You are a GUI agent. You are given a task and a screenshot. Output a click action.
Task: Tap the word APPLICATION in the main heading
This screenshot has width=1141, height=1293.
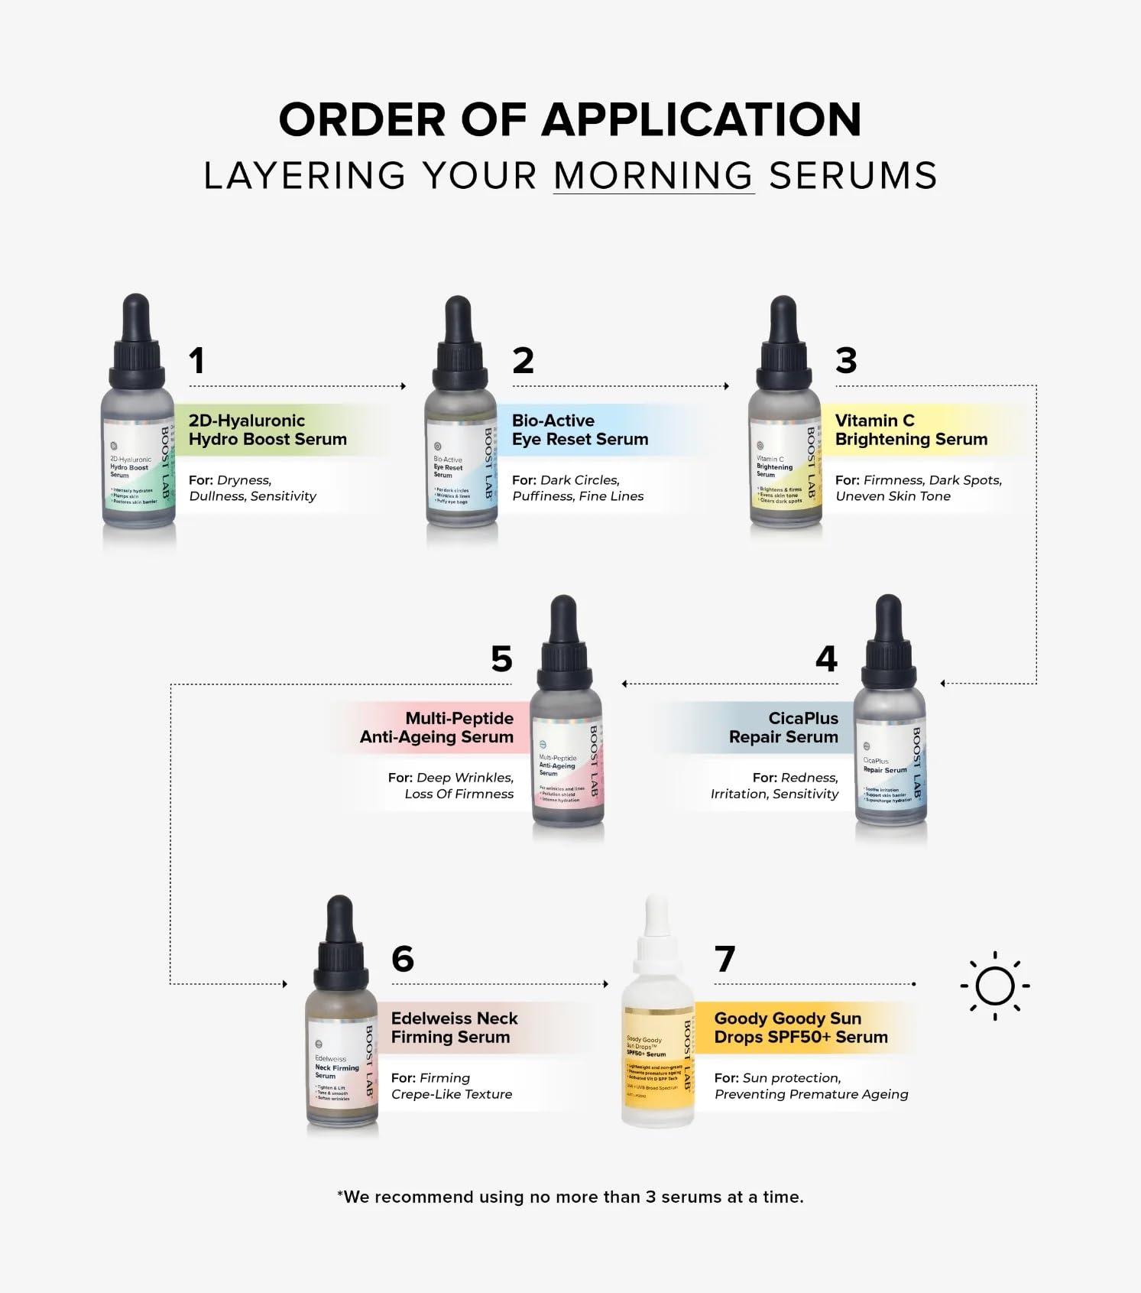point(702,120)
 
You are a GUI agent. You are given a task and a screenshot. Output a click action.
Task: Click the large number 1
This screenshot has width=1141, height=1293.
point(197,361)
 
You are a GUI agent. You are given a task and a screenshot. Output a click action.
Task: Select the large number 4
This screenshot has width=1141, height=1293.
point(826,659)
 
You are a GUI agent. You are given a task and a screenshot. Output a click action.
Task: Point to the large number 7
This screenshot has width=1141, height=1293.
point(724,959)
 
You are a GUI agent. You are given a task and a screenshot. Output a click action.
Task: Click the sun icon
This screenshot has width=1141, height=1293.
point(994,986)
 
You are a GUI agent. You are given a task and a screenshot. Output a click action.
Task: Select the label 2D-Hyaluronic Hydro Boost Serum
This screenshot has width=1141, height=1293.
point(267,430)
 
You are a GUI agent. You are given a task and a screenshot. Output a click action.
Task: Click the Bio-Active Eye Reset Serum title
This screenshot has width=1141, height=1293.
point(579,430)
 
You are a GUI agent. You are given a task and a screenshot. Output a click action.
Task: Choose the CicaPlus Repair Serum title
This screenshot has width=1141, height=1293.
point(783,727)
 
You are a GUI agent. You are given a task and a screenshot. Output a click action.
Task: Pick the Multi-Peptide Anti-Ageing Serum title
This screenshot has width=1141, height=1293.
point(437,727)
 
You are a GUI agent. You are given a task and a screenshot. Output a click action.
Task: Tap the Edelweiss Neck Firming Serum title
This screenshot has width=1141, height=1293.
point(454,1028)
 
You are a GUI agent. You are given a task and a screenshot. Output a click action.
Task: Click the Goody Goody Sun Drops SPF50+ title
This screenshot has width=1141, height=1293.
point(800,1028)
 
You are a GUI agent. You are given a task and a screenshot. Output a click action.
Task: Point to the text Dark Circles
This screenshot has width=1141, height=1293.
point(580,480)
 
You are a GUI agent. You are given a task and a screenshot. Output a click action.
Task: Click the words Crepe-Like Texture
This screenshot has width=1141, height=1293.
point(452,1094)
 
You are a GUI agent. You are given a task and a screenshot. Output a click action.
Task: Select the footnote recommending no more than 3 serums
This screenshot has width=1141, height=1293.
point(570,1197)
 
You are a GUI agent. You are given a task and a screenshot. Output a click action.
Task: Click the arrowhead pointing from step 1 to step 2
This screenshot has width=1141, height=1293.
point(404,386)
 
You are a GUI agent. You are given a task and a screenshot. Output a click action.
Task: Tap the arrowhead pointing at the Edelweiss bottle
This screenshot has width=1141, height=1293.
point(284,984)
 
